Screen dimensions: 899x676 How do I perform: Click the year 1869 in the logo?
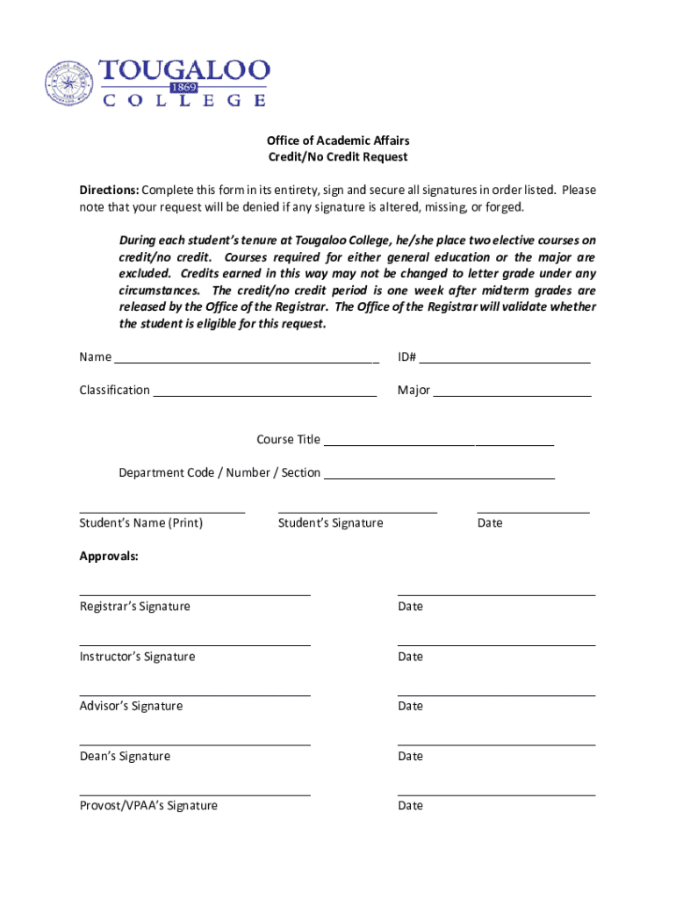[184, 88]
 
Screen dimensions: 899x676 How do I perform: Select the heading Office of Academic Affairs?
[338, 140]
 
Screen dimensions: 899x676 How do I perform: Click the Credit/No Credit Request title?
[338, 157]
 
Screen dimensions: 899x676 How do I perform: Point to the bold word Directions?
[109, 191]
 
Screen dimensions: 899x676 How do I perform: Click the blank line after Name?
[247, 361]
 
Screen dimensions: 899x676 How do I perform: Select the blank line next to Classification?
[265, 394]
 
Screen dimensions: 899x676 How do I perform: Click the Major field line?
[512, 394]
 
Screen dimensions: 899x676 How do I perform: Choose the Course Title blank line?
[439, 444]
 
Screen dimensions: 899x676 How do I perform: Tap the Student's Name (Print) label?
[140, 523]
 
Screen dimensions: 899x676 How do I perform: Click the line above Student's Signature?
[357, 511]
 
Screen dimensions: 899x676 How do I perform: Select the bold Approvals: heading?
[109, 557]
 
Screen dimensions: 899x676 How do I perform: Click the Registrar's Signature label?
[134, 607]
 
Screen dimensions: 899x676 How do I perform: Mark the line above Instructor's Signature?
[195, 645]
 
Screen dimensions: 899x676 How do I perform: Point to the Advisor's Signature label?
[131, 706]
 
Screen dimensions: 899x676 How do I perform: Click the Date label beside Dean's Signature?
[410, 756]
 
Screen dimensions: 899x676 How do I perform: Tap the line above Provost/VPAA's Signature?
[195, 795]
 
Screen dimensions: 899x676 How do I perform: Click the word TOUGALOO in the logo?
[184, 70]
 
